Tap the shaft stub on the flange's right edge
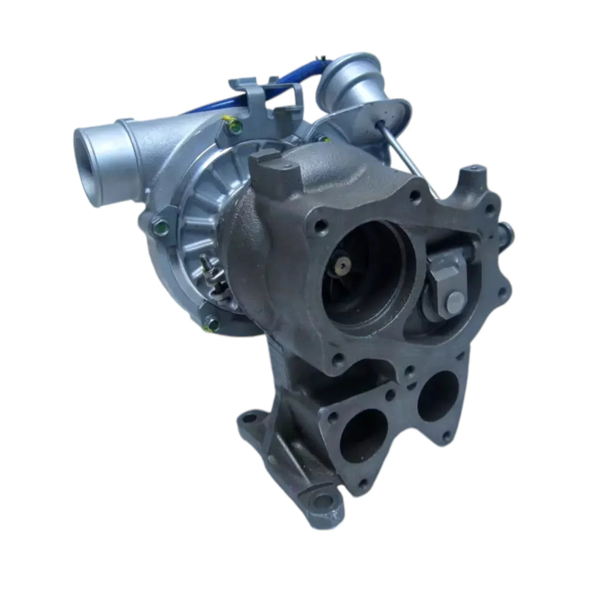click(x=506, y=230)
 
